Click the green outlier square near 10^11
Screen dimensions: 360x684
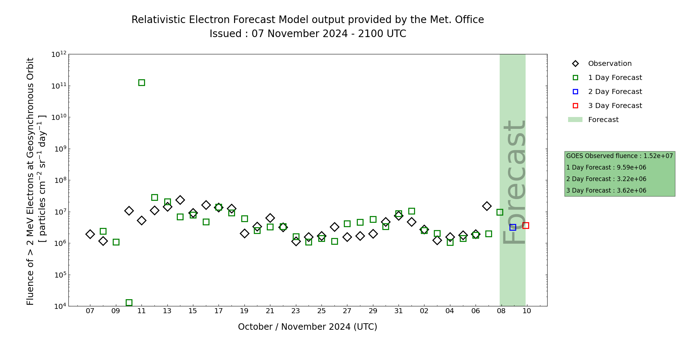click(x=141, y=82)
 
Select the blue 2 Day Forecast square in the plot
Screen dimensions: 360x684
click(x=513, y=227)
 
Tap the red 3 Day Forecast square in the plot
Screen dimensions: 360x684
click(x=526, y=225)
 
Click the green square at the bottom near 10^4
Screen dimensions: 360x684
click(x=129, y=302)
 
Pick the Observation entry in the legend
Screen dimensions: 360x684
click(x=609, y=64)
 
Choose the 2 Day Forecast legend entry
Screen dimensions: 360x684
click(x=615, y=92)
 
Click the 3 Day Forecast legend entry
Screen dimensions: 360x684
click(x=615, y=106)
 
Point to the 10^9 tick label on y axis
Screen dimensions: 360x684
click(x=59, y=149)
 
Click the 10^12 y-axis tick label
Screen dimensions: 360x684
click(x=59, y=54)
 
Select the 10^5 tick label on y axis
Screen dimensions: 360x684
click(x=59, y=275)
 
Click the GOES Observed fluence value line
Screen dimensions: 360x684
click(x=619, y=156)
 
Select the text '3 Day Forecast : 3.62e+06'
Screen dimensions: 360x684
click(x=606, y=190)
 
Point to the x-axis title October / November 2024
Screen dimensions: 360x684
click(x=307, y=327)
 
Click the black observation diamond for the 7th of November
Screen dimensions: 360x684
click(x=487, y=206)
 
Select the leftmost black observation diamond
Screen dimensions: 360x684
click(x=90, y=234)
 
